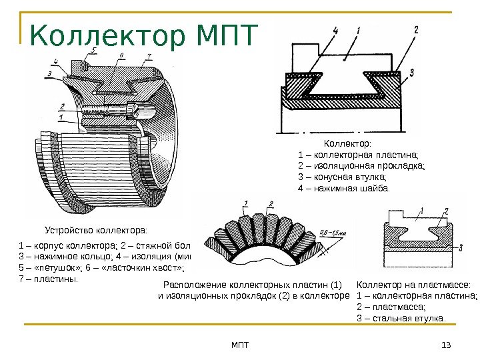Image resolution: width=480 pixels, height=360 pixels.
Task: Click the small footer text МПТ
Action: pos(239,344)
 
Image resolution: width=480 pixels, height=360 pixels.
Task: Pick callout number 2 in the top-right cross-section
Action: pos(416,29)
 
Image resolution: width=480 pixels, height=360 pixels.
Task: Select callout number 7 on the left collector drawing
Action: pos(148,56)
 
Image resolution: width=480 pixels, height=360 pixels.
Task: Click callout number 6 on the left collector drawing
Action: pos(120,56)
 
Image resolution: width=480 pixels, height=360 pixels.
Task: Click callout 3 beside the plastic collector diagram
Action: pos(461,248)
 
